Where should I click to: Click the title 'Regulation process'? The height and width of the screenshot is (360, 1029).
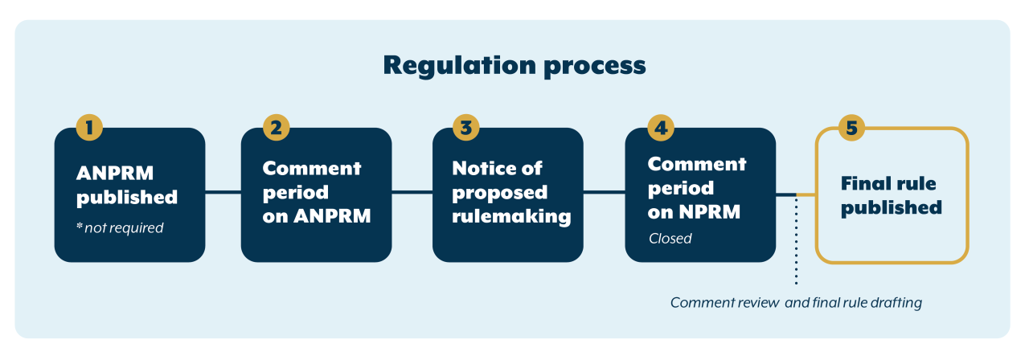tap(514, 65)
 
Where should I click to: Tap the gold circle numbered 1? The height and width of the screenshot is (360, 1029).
tap(89, 128)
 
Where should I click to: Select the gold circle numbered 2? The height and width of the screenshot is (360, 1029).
tap(276, 128)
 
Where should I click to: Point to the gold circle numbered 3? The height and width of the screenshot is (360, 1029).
tap(466, 128)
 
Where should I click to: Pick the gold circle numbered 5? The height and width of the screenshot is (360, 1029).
tap(851, 128)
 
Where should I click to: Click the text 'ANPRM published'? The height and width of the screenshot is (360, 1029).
tap(127, 185)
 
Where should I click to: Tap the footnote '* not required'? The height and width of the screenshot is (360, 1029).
tap(120, 228)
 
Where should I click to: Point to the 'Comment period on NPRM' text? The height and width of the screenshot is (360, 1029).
tap(696, 188)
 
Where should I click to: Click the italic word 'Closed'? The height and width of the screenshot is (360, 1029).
tap(670, 239)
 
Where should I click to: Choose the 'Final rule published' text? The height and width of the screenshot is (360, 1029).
tap(891, 195)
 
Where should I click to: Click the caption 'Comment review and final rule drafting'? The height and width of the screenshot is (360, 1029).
tap(796, 304)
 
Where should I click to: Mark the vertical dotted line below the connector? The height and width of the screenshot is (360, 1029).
tap(797, 241)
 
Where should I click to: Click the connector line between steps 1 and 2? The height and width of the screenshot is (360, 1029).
tap(223, 192)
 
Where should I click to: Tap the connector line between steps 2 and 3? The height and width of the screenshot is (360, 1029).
tap(412, 192)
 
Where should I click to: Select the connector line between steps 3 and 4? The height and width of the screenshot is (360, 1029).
tap(604, 192)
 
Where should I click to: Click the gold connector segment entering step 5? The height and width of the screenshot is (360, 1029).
tap(806, 194)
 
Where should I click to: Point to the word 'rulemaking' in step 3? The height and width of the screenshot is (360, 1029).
tap(510, 216)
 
